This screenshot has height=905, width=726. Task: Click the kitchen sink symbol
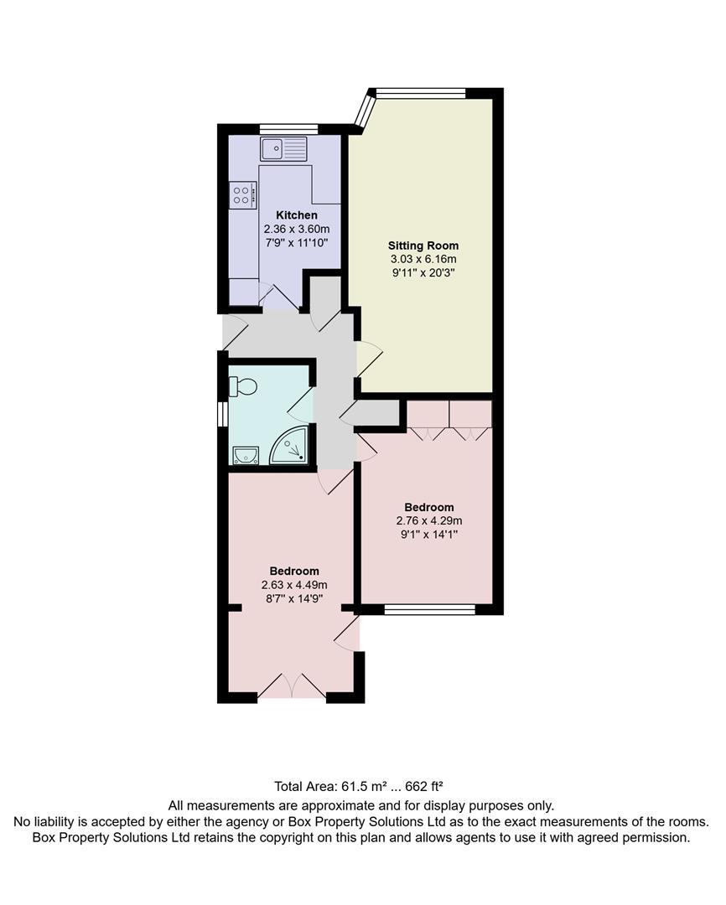[x=284, y=150]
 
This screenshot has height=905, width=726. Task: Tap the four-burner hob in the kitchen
[x=242, y=195]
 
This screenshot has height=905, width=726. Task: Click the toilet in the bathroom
[x=244, y=387]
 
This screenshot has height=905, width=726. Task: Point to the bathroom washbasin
[x=244, y=455]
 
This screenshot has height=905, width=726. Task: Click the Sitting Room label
[x=423, y=246]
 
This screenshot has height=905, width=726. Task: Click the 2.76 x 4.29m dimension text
[x=429, y=520]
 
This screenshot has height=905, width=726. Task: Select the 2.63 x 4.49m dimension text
[x=294, y=585]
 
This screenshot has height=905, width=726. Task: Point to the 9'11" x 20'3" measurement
[x=423, y=272]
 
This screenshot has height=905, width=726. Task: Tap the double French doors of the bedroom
[x=291, y=686]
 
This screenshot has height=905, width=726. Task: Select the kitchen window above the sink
[x=288, y=128]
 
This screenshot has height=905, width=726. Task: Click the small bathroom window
[x=222, y=415]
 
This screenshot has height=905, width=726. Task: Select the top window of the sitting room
[x=420, y=93]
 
